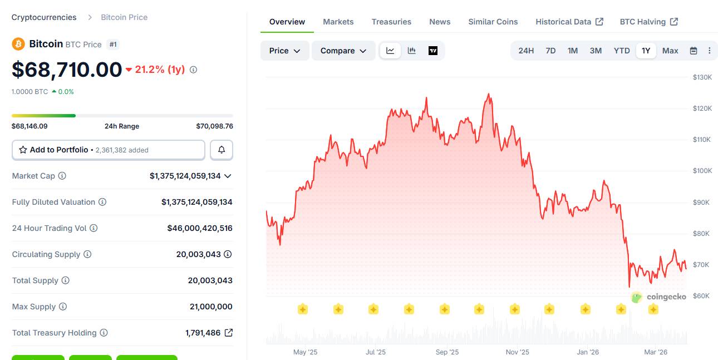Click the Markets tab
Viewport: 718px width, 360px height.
coord(338,22)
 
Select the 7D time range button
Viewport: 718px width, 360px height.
coord(550,51)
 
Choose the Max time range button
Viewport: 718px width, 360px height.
coord(670,51)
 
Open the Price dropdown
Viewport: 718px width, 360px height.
coord(284,51)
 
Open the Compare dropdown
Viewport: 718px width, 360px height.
coord(343,51)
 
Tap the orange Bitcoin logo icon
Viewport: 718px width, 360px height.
coord(18,44)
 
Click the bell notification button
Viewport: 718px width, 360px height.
coord(222,150)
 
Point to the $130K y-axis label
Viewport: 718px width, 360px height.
coord(702,77)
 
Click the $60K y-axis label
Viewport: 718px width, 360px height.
coord(701,295)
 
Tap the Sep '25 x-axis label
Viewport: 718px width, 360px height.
coord(447,352)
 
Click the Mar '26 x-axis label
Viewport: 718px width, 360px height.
coord(656,352)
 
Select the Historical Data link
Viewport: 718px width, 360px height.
coord(569,22)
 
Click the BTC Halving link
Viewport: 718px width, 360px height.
coord(648,22)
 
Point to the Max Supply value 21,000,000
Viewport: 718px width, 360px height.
coord(211,307)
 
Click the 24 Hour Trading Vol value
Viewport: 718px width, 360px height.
coord(200,228)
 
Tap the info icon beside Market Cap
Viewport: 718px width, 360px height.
coord(62,176)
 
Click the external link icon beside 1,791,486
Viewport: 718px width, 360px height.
coord(229,333)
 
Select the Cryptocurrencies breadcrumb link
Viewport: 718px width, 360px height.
coord(44,17)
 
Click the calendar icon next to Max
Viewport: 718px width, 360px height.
coord(694,51)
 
